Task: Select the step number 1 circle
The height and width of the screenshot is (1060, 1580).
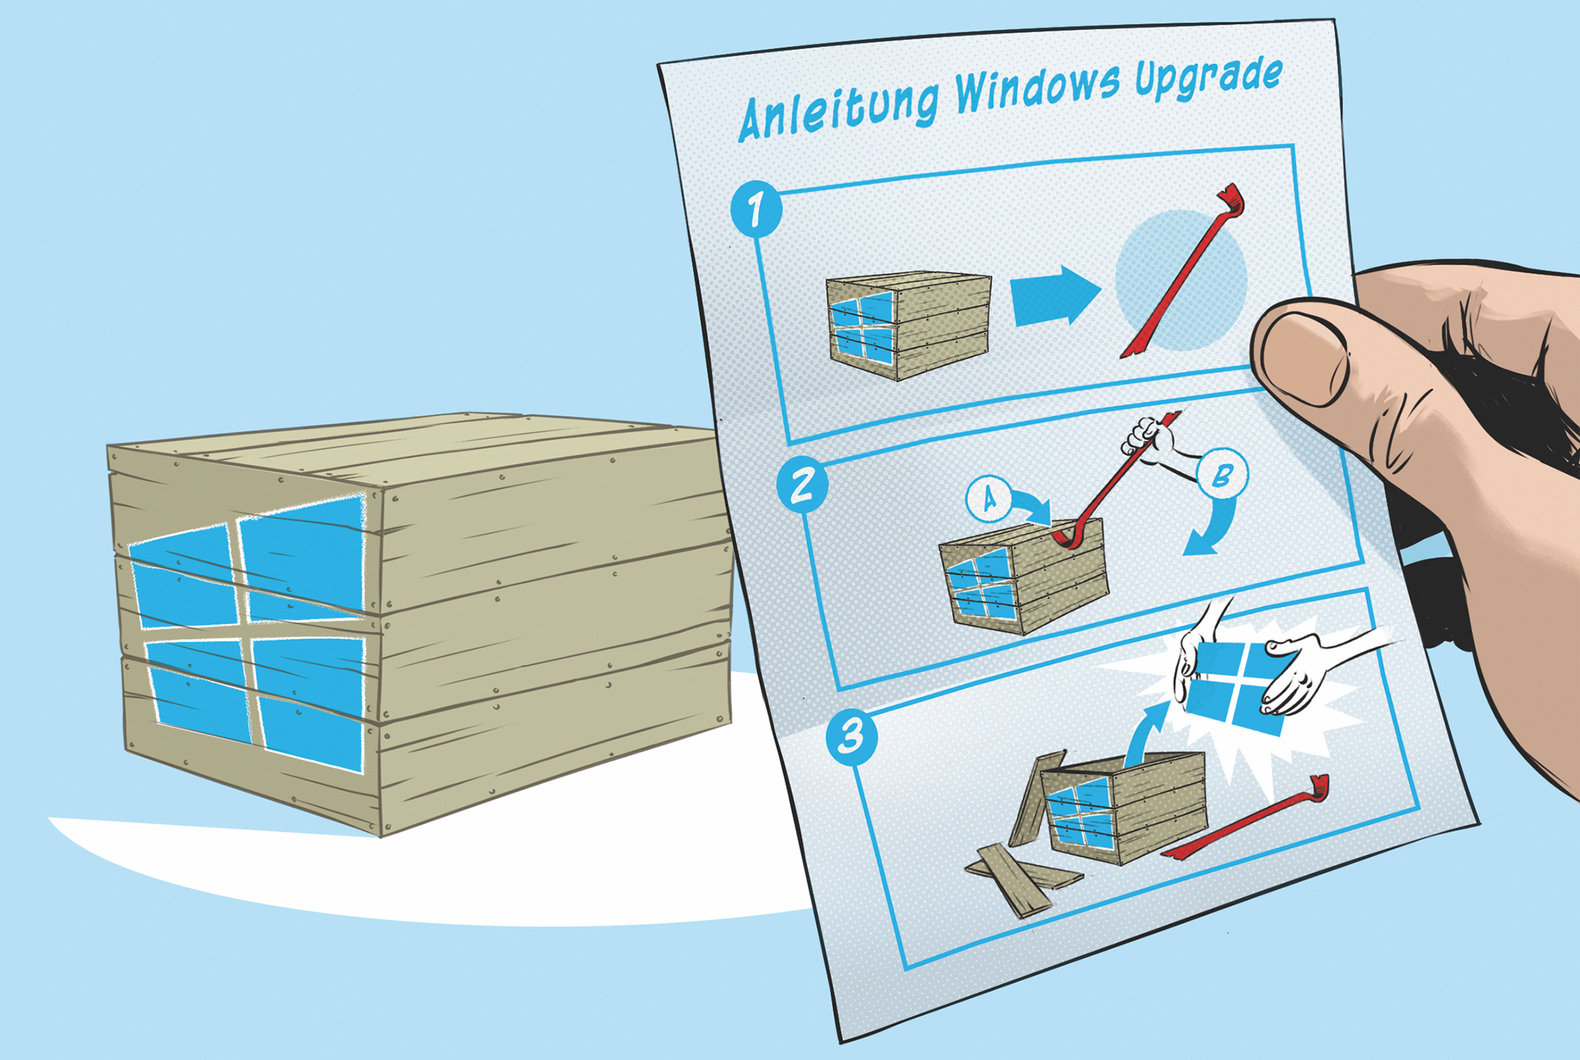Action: [x=757, y=208]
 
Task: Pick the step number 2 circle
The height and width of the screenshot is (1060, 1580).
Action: [x=802, y=485]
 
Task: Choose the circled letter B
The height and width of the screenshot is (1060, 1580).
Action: [x=1221, y=475]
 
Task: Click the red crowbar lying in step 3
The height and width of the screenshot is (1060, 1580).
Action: [x=1246, y=819]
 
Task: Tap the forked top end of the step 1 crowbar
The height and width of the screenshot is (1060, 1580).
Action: [x=1232, y=199]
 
